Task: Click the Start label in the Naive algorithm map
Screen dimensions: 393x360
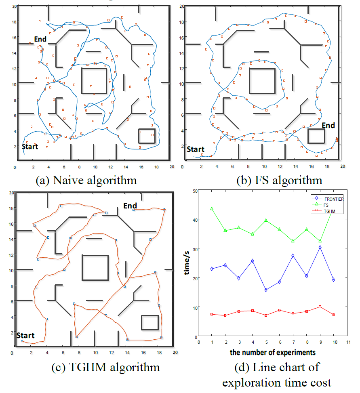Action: (30, 147)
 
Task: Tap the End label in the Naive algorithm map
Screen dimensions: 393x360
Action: (40, 39)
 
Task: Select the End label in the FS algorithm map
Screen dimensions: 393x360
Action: (328, 126)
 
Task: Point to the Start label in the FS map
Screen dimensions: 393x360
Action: (196, 149)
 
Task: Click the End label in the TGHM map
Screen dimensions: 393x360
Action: (130, 206)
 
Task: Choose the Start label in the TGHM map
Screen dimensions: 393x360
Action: (25, 335)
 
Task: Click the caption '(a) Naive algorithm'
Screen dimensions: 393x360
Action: (86, 180)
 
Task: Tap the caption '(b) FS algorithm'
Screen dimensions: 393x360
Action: (279, 180)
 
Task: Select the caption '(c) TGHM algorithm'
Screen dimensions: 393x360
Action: (106, 368)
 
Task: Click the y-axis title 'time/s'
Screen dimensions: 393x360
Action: (187, 263)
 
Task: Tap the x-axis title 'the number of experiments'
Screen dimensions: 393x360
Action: (273, 353)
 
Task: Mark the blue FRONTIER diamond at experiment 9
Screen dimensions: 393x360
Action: (320, 248)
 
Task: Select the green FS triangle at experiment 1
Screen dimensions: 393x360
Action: (212, 209)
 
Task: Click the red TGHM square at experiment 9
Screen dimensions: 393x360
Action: (320, 307)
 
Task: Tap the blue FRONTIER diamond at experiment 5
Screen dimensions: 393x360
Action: (266, 290)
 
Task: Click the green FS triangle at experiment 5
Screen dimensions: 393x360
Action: (266, 221)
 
